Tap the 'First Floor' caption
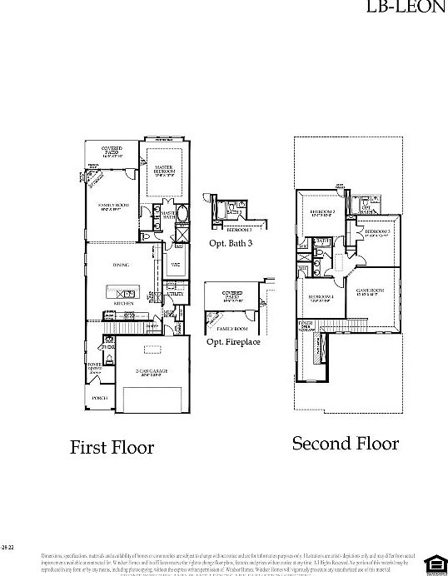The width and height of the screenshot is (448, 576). (x=112, y=448)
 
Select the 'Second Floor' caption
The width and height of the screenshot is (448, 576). (x=345, y=444)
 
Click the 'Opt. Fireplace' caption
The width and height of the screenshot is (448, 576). (x=234, y=341)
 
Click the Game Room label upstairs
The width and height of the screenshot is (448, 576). (x=367, y=291)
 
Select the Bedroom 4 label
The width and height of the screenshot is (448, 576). (x=321, y=298)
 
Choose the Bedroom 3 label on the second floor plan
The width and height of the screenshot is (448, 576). (x=378, y=232)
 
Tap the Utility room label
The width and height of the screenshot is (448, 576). (x=175, y=294)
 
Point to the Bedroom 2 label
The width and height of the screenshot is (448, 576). (x=322, y=212)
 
